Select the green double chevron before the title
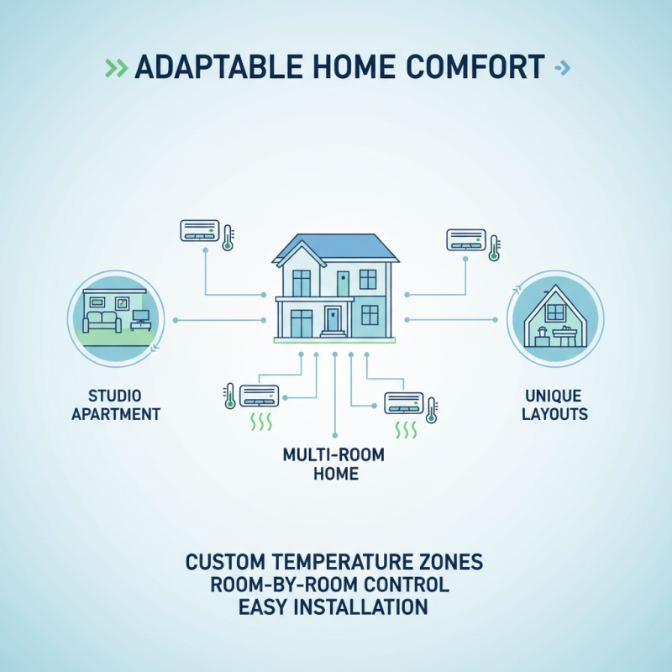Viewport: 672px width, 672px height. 116,67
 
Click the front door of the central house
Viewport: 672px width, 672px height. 333,319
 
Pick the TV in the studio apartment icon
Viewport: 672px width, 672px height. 139,318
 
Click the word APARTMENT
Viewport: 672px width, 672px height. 117,414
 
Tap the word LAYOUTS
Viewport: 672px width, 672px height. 554,414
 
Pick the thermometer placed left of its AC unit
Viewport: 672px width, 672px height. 229,395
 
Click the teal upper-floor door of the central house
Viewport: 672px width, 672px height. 343,282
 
